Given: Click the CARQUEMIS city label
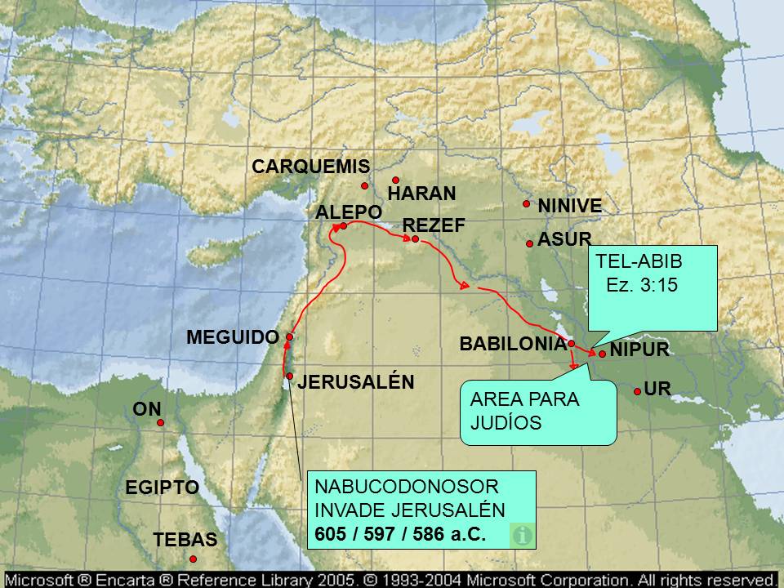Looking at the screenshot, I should point(310,167).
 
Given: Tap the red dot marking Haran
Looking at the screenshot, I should point(395,180).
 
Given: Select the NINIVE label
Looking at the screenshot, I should point(569,207).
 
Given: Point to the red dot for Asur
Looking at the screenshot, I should point(530,243).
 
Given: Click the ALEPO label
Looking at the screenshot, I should point(349,212).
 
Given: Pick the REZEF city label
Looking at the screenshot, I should point(434,225).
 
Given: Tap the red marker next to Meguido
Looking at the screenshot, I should point(289,336).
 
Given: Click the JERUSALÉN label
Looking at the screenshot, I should point(355,381).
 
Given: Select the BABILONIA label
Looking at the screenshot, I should point(513,344).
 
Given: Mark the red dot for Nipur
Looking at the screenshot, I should point(602,354).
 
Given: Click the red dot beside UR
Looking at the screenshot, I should point(637,392).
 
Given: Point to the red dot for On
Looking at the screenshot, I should point(161,422).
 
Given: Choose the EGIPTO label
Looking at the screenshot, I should point(162,488).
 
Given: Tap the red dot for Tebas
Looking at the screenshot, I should point(194,559).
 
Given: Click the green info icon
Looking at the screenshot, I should point(522,536).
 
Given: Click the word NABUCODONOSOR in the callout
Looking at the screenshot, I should point(406,487).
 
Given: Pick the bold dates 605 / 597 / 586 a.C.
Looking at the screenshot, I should point(400,534).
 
